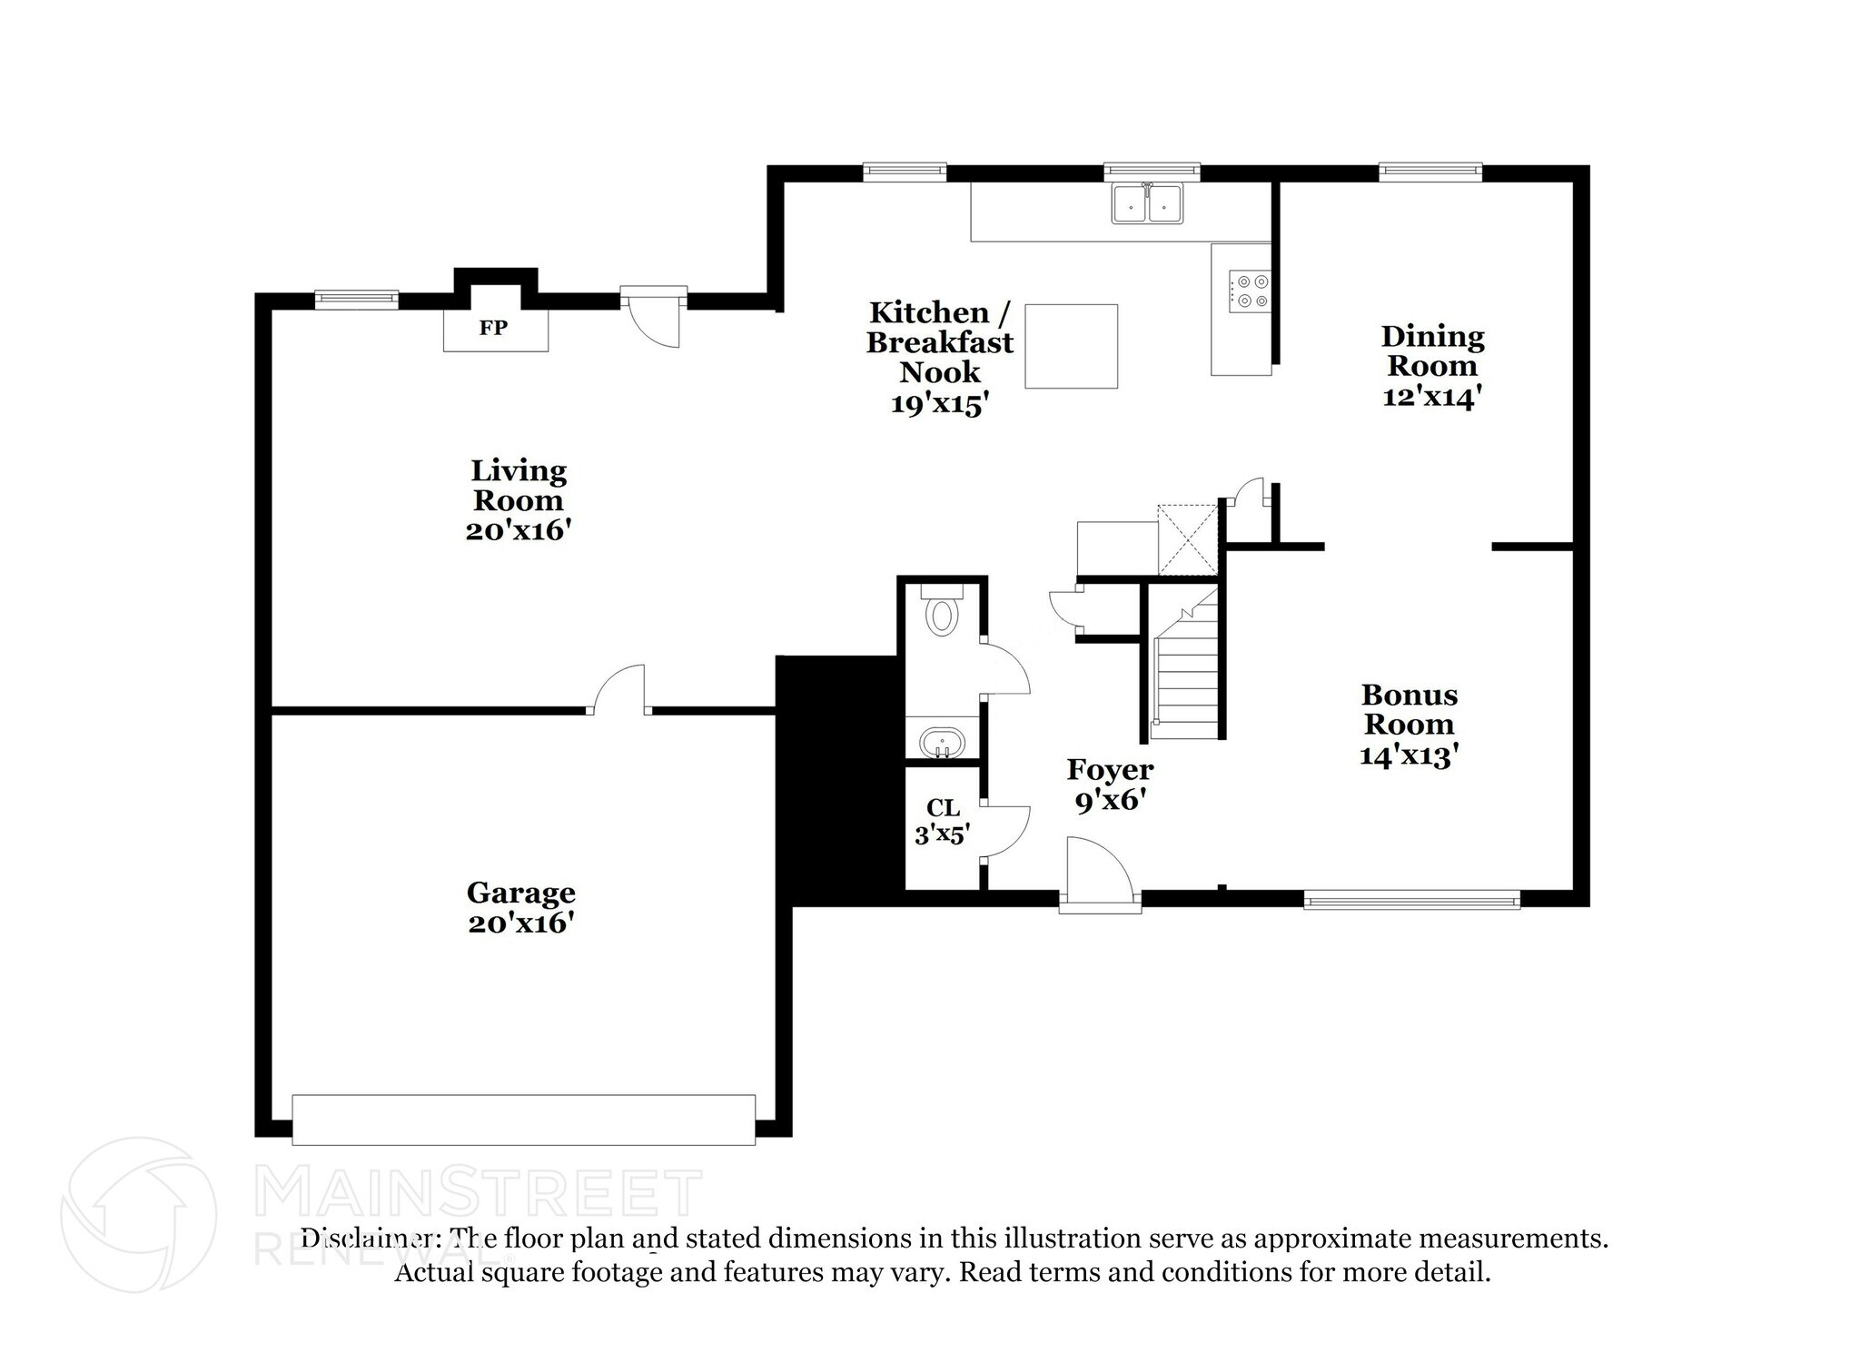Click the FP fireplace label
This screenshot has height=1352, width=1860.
(x=493, y=328)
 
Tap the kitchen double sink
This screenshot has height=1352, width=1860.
(x=1147, y=203)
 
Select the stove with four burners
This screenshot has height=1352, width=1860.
(x=1250, y=291)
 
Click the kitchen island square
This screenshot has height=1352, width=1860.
(x=1072, y=346)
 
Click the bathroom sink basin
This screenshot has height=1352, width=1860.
(x=942, y=744)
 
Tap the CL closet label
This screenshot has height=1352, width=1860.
(x=943, y=807)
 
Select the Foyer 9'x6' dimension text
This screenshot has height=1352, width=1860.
(x=1109, y=800)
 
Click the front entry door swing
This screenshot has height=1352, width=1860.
(x=1100, y=873)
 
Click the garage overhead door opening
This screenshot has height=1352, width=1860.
(x=523, y=1120)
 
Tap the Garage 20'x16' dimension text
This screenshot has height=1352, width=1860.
(x=522, y=923)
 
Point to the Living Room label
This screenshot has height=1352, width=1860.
(x=519, y=486)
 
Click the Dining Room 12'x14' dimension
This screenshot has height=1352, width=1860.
(x=1432, y=397)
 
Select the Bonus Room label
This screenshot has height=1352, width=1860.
(x=1410, y=709)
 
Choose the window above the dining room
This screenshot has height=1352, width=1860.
(x=1430, y=172)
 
